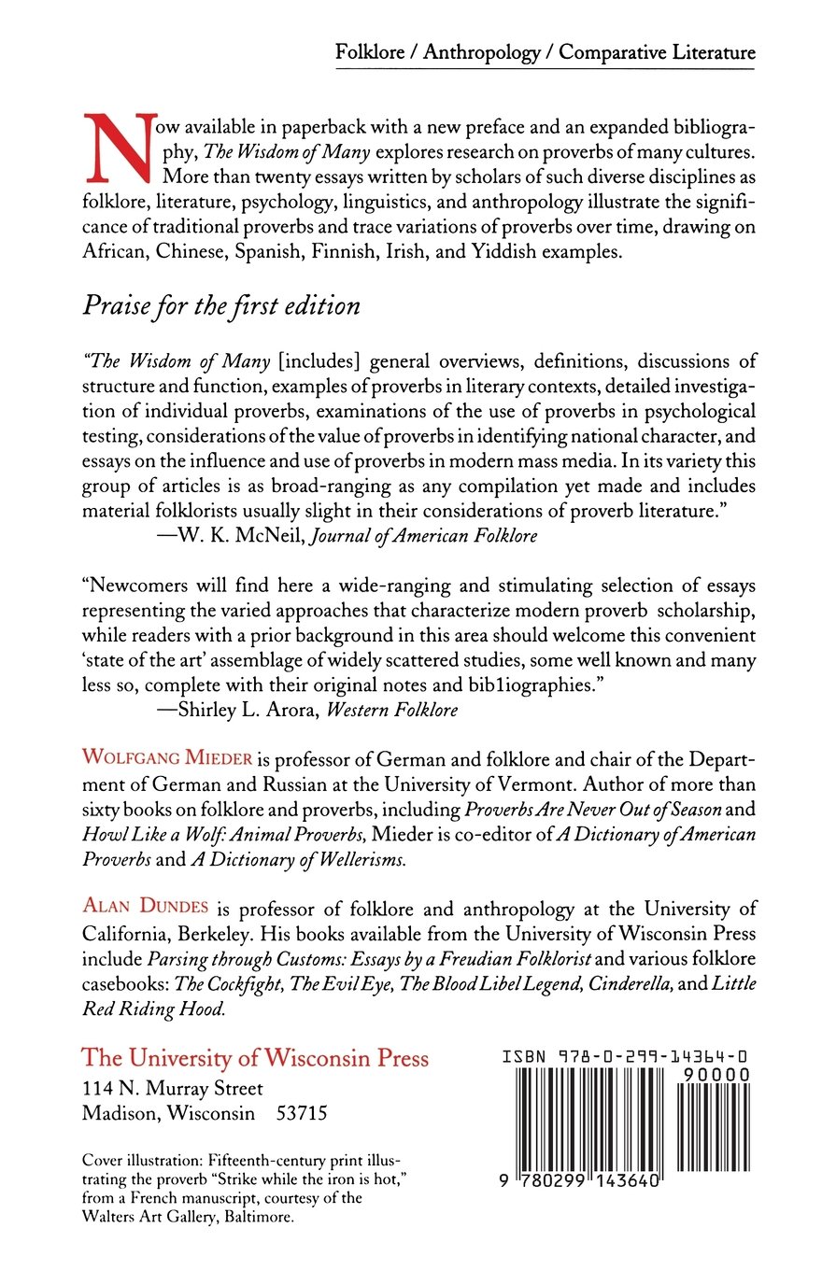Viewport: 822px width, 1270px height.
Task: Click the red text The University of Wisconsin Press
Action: point(255,1058)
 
